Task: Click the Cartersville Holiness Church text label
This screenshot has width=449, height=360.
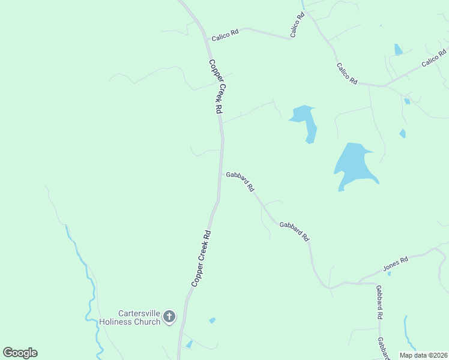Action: coord(139,317)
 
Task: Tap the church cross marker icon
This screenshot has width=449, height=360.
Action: coord(169,317)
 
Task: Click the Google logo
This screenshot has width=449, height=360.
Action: coord(20,353)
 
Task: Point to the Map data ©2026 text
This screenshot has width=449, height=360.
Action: coord(423,355)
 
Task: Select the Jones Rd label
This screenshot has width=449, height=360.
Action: coord(396,263)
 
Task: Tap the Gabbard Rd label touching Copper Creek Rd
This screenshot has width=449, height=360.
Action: coord(241,179)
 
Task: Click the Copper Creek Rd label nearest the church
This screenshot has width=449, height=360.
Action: coord(201,258)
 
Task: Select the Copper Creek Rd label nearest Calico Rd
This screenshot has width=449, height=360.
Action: coord(216,86)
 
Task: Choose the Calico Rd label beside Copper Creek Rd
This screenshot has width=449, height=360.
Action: coord(226,35)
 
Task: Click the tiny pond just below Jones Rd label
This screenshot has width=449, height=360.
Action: coord(389,274)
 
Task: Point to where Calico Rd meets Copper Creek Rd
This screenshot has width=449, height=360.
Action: coord(206,40)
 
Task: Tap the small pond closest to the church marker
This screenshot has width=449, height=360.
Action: coord(212,320)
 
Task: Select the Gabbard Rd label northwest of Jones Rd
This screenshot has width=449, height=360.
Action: coord(294,229)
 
